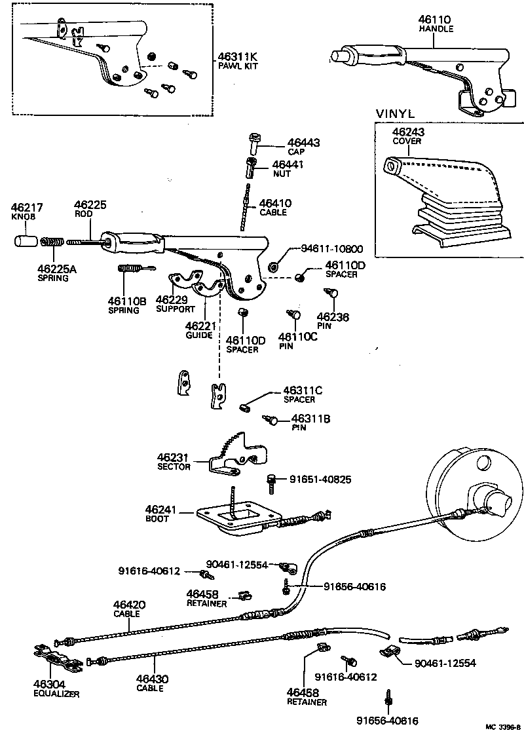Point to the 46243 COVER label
(407, 136)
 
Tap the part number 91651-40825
(320, 480)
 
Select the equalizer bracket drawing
(57, 658)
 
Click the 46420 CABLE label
(129, 609)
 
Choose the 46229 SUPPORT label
(175, 303)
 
